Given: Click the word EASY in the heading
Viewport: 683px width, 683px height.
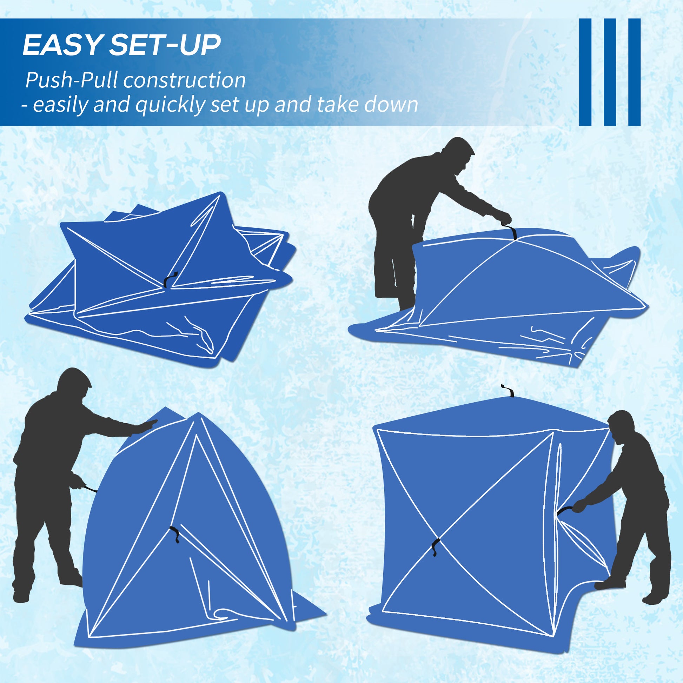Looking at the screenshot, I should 62,45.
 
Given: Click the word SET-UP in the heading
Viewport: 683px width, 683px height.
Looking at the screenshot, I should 165,45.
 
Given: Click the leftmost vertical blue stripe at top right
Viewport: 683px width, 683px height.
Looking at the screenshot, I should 585,72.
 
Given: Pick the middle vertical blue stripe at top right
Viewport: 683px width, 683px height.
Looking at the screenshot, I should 610,72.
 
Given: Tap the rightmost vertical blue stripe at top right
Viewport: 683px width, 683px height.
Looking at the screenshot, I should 634,72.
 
